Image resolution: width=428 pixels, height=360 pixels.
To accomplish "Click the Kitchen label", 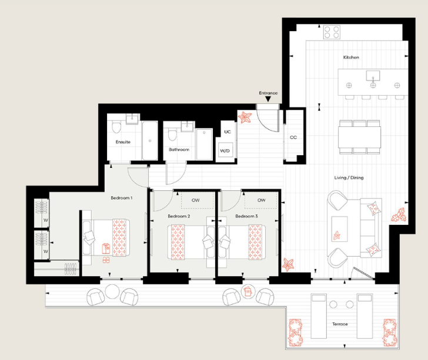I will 351,57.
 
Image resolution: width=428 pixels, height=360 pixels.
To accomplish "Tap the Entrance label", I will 268,93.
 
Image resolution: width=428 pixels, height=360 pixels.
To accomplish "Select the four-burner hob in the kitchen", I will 332,32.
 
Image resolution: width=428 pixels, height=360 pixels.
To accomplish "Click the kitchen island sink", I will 372,75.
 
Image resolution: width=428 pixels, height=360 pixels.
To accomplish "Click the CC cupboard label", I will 293,137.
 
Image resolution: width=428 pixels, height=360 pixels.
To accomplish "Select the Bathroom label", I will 179,150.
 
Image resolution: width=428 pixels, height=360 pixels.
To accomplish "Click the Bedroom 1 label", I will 121,198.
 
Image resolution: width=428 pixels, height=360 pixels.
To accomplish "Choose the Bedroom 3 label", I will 246,216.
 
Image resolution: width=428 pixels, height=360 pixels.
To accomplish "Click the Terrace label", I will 339,324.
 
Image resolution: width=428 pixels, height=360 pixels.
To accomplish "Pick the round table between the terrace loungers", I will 333,305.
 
